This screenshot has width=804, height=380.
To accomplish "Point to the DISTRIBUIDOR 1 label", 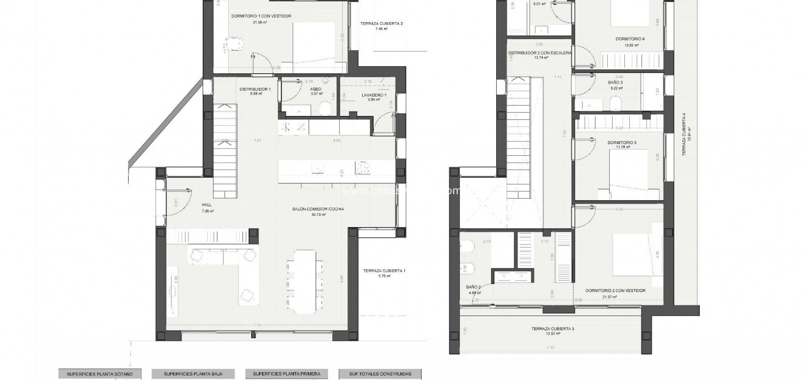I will click(x=255, y=89).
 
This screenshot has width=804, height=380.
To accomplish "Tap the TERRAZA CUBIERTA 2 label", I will click(x=381, y=23).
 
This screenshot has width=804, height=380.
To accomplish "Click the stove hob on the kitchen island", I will click(x=364, y=168).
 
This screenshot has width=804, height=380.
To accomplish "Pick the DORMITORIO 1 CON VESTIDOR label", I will click(x=261, y=16).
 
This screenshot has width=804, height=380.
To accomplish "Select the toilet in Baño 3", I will click(x=615, y=104).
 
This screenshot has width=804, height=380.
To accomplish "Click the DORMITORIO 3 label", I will click(x=621, y=143).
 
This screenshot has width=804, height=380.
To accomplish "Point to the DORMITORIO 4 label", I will click(x=630, y=39).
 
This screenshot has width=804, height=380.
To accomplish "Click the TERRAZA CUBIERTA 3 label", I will click(x=552, y=329).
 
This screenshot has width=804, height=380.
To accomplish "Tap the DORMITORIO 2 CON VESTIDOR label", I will click(x=616, y=291).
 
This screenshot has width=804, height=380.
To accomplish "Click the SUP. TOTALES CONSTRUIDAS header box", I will click(x=381, y=374).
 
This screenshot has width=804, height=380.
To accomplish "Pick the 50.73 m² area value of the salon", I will click(x=319, y=214).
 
